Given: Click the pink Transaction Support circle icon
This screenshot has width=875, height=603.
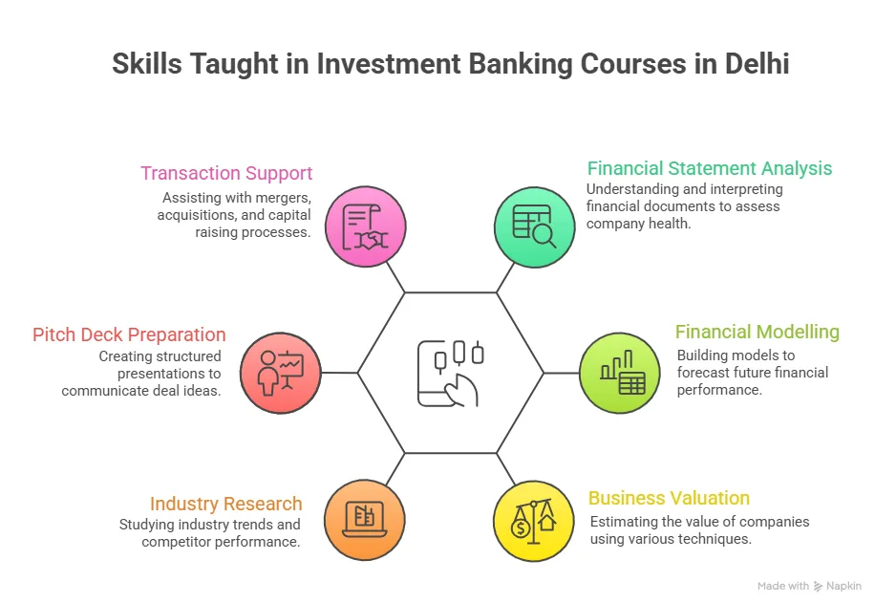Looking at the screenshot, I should pos(365,227).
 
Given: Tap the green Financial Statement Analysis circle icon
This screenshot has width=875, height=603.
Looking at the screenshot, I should pos(534,227).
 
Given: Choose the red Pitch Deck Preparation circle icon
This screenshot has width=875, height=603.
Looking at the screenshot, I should pos(281,373).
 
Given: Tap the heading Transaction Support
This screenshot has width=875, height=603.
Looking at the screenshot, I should pos(226,173).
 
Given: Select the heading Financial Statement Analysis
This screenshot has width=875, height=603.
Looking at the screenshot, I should pos(710,168).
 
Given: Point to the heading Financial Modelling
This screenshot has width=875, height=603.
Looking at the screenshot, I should pos(757,332).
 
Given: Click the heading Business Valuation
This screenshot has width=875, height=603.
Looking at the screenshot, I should pos(669,498).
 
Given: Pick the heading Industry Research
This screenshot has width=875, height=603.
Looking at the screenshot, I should pos(225,504).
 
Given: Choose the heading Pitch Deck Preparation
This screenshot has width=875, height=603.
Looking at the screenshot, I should pos(129,334).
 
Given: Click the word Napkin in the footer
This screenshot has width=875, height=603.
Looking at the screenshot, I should pos(844,586).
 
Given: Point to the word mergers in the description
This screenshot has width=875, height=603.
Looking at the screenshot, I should pos(286,198).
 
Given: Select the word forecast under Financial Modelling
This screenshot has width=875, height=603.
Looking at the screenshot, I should pos(707,373).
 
